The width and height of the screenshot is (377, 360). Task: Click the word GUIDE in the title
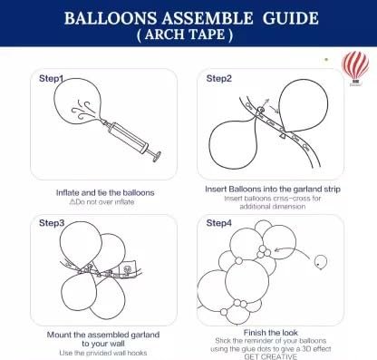point(290,18)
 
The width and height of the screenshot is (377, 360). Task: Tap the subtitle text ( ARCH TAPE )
point(185,34)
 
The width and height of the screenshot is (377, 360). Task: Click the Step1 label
point(52,78)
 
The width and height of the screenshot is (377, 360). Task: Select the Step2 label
point(218,78)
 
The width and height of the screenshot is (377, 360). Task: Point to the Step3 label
point(52,223)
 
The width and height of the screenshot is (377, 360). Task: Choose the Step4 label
point(218,223)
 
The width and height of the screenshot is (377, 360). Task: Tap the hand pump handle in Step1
point(157,156)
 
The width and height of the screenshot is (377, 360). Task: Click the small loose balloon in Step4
point(321,262)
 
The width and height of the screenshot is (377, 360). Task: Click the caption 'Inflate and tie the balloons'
point(105,192)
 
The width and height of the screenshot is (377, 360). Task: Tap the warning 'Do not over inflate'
point(101,202)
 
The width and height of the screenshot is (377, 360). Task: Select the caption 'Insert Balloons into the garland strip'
point(273,189)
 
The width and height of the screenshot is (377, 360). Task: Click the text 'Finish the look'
point(271,333)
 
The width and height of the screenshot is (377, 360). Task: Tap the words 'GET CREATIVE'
point(270,356)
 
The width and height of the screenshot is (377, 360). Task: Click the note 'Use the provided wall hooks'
point(103,353)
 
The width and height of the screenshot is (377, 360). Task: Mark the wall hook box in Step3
point(128,269)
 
